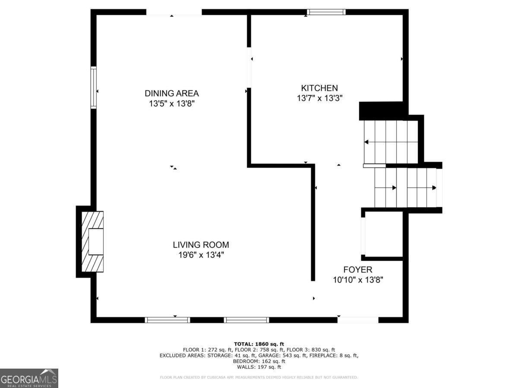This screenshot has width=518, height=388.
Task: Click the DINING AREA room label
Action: (171, 93)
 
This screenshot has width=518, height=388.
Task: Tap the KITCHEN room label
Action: (319, 88)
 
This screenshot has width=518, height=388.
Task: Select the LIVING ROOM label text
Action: (201, 245)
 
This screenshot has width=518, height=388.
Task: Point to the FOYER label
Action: (358, 270)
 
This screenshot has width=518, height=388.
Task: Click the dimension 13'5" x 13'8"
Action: (171, 104)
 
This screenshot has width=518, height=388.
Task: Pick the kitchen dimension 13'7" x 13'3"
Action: (319, 98)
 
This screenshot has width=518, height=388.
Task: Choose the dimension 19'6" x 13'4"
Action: (201, 255)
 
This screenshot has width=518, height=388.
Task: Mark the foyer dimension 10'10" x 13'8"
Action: (358, 280)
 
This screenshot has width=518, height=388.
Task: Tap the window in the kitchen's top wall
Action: (326, 12)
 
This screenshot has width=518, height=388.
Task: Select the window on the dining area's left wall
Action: (93, 87)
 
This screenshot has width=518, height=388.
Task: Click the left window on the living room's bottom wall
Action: (167, 320)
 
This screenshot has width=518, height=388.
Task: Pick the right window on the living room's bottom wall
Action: (246, 320)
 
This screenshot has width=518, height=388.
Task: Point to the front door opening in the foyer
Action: (358, 320)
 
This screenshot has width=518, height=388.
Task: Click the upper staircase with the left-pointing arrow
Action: (391, 142)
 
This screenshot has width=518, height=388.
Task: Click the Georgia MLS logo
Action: (29, 378)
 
